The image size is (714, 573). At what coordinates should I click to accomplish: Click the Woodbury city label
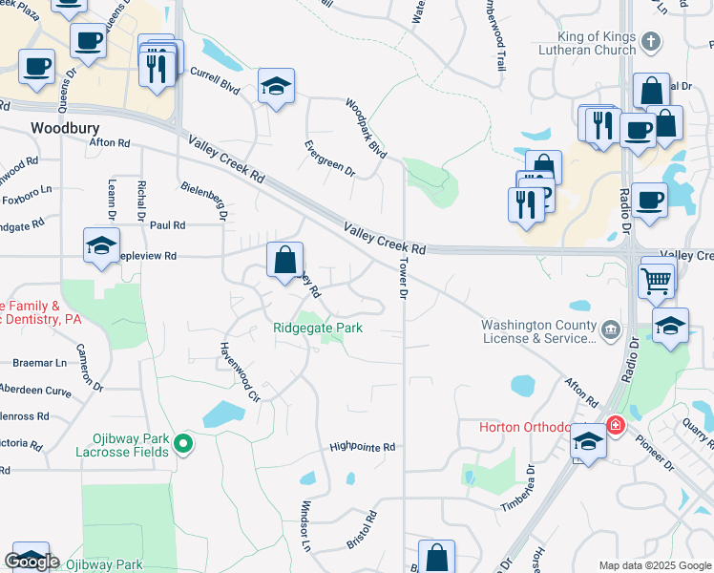click(x=66, y=127)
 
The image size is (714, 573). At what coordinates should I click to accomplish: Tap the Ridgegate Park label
click(x=318, y=328)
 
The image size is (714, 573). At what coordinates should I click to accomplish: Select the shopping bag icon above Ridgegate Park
click(x=284, y=260)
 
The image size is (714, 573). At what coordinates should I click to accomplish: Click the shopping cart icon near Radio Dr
click(x=657, y=280)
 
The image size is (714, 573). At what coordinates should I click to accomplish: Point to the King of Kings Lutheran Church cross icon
click(x=650, y=41)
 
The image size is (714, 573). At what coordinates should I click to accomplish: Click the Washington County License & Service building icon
click(x=609, y=330)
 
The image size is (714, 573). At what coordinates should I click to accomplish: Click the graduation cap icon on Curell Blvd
click(x=276, y=87)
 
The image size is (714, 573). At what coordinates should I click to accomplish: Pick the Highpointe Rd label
click(x=362, y=447)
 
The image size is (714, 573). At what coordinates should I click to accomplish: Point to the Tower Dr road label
click(x=402, y=280)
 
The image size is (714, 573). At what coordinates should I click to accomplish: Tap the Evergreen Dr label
click(x=329, y=159)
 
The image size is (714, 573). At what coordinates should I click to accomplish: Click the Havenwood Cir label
click(x=240, y=373)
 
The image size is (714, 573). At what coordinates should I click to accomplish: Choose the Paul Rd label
click(x=167, y=225)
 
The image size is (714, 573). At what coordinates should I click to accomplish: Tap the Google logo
click(x=31, y=562)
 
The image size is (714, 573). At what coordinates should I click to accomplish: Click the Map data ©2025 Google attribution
click(x=655, y=565)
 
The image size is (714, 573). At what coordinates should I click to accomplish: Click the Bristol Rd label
click(x=362, y=529)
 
